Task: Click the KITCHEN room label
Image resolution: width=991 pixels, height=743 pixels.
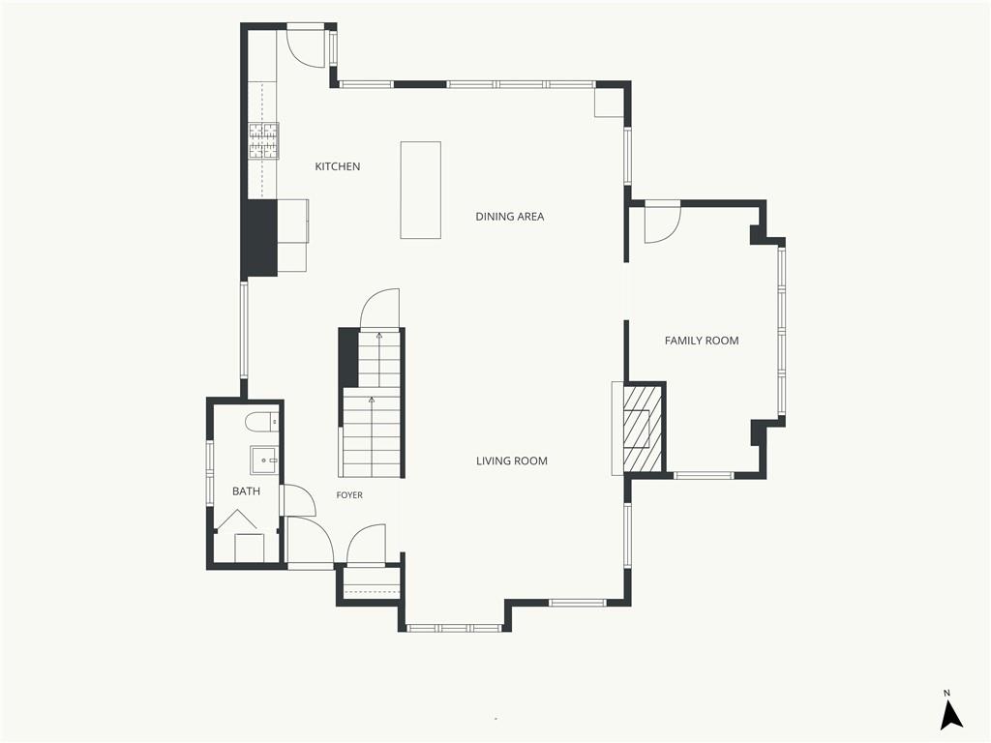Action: (x=338, y=166)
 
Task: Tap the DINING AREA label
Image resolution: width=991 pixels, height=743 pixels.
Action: (x=509, y=217)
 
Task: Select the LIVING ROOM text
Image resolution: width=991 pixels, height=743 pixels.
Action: (x=511, y=461)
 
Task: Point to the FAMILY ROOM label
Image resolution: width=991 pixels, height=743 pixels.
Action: (x=702, y=341)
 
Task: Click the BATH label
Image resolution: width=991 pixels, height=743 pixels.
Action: (x=246, y=490)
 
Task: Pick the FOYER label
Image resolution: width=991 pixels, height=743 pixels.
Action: (x=349, y=495)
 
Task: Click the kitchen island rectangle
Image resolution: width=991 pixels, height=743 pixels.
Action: (x=420, y=191)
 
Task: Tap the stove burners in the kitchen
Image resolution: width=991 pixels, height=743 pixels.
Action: (x=263, y=140)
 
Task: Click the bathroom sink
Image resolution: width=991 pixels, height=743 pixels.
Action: (x=264, y=460)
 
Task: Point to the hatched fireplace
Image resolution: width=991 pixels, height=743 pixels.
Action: (x=643, y=429)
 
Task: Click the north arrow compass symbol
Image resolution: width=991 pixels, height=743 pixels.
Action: (x=950, y=714)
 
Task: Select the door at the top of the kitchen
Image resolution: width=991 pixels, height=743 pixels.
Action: (x=306, y=45)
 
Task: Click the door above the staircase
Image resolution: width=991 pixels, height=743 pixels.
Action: (x=379, y=309)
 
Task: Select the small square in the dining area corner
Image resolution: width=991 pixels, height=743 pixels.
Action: (x=608, y=103)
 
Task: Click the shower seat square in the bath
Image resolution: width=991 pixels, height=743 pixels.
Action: (x=250, y=548)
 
